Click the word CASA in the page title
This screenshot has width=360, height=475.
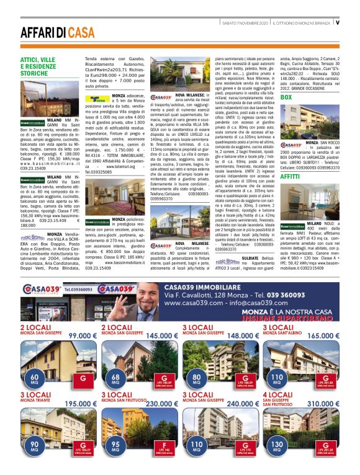tap(82, 32)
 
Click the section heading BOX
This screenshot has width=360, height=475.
tap(286, 97)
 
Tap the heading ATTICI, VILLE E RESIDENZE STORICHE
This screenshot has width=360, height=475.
tap(40, 66)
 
